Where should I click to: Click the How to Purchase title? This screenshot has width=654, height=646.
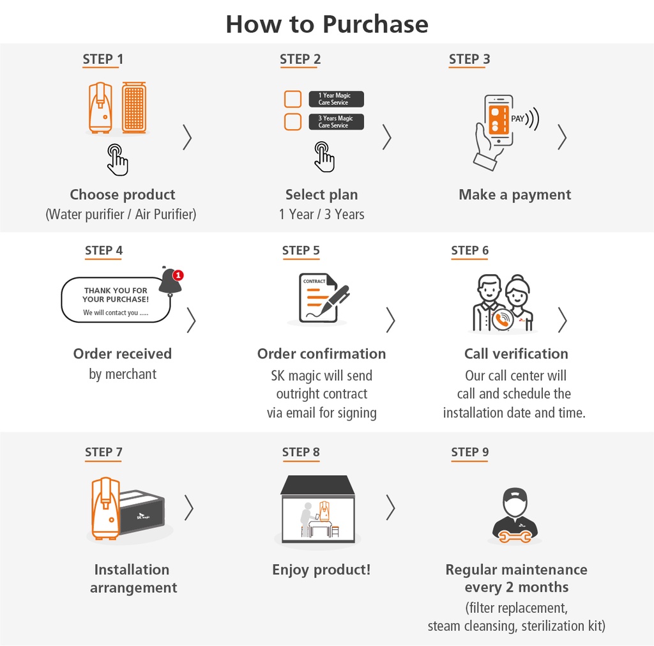pos(327,24)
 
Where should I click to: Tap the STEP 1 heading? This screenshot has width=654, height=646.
pos(103,59)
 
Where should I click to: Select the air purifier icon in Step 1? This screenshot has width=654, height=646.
pos(134,107)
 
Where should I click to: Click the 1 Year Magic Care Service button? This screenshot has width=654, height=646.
pos(336,99)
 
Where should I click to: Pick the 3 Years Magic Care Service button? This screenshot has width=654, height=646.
pos(336,122)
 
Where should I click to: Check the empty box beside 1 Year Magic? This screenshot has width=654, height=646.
pos(293,99)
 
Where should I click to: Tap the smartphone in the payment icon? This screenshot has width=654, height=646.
pos(498,120)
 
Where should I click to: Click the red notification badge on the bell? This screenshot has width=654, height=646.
pos(178,275)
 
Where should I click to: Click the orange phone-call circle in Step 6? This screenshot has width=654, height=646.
pos(503,320)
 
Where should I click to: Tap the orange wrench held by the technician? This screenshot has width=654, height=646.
pos(515,537)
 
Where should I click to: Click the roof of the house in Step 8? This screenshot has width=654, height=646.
pos(318,485)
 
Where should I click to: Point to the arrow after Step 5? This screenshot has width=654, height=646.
pos(390,320)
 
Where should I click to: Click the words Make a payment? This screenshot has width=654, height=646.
pos(515,195)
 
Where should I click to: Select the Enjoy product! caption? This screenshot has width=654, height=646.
pos(321,569)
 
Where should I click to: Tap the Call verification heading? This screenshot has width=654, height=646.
pos(516,354)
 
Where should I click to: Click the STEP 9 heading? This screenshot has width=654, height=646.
pos(469,452)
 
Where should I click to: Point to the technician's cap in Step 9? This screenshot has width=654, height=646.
pos(515,495)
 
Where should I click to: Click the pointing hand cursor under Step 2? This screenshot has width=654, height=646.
pos(324,157)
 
